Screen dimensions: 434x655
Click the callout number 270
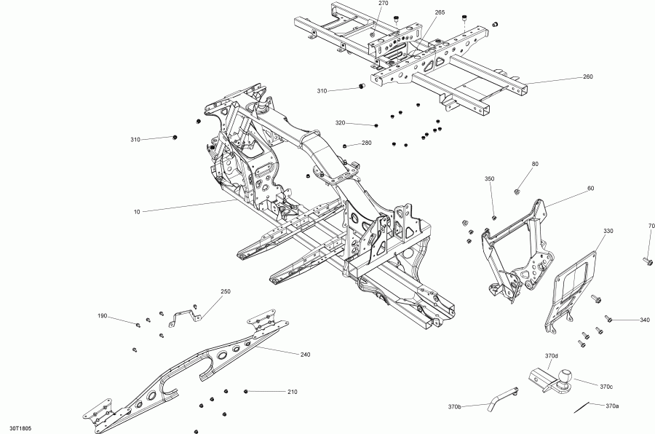pos(384,4)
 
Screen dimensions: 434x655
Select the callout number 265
pos(440,12)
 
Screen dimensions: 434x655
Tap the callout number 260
pos(587,76)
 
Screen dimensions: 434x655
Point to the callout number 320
pos(340,122)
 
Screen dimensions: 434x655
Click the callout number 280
pos(366,143)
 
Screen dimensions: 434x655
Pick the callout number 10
pos(136,212)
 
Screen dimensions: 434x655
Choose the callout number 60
pos(590,189)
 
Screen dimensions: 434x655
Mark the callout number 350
pos(489,178)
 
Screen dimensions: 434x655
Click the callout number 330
pos(608,230)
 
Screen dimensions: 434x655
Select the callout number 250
pos(226,291)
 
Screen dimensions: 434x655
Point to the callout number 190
pos(103,316)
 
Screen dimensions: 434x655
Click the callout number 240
pos(305,355)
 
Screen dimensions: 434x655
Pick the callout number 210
pos(292,392)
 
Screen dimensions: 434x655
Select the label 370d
pos(551,355)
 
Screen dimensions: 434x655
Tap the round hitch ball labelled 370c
pos(565,376)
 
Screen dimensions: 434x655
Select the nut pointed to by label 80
pos(516,192)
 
